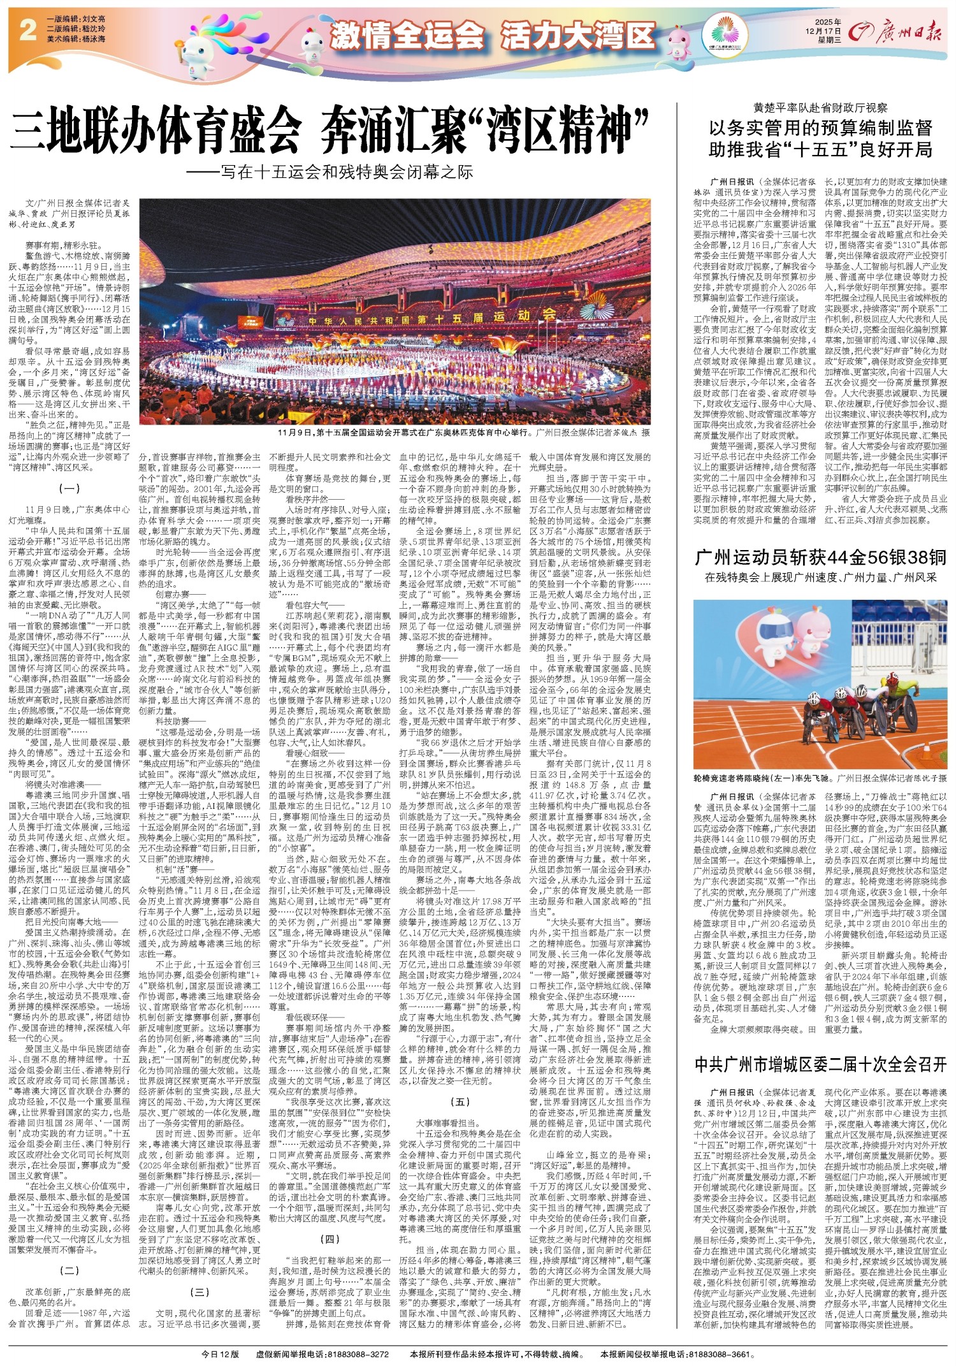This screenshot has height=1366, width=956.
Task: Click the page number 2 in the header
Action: click(x=27, y=31)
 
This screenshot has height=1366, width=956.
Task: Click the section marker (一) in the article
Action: click(x=69, y=490)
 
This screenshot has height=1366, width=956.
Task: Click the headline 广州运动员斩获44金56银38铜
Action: click(x=821, y=558)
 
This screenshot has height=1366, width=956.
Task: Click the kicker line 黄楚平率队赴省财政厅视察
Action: click(x=821, y=109)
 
